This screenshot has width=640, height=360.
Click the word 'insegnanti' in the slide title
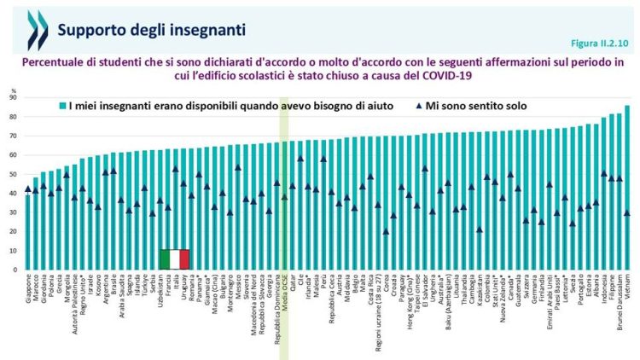coord(207,30)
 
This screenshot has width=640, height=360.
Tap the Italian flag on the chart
coord(175,259)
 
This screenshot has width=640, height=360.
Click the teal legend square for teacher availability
coord(61,107)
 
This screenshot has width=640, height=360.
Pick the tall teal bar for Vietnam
coord(627,188)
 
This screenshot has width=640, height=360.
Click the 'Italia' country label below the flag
coord(176,287)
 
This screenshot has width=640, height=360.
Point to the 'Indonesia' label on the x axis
coord(603,293)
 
